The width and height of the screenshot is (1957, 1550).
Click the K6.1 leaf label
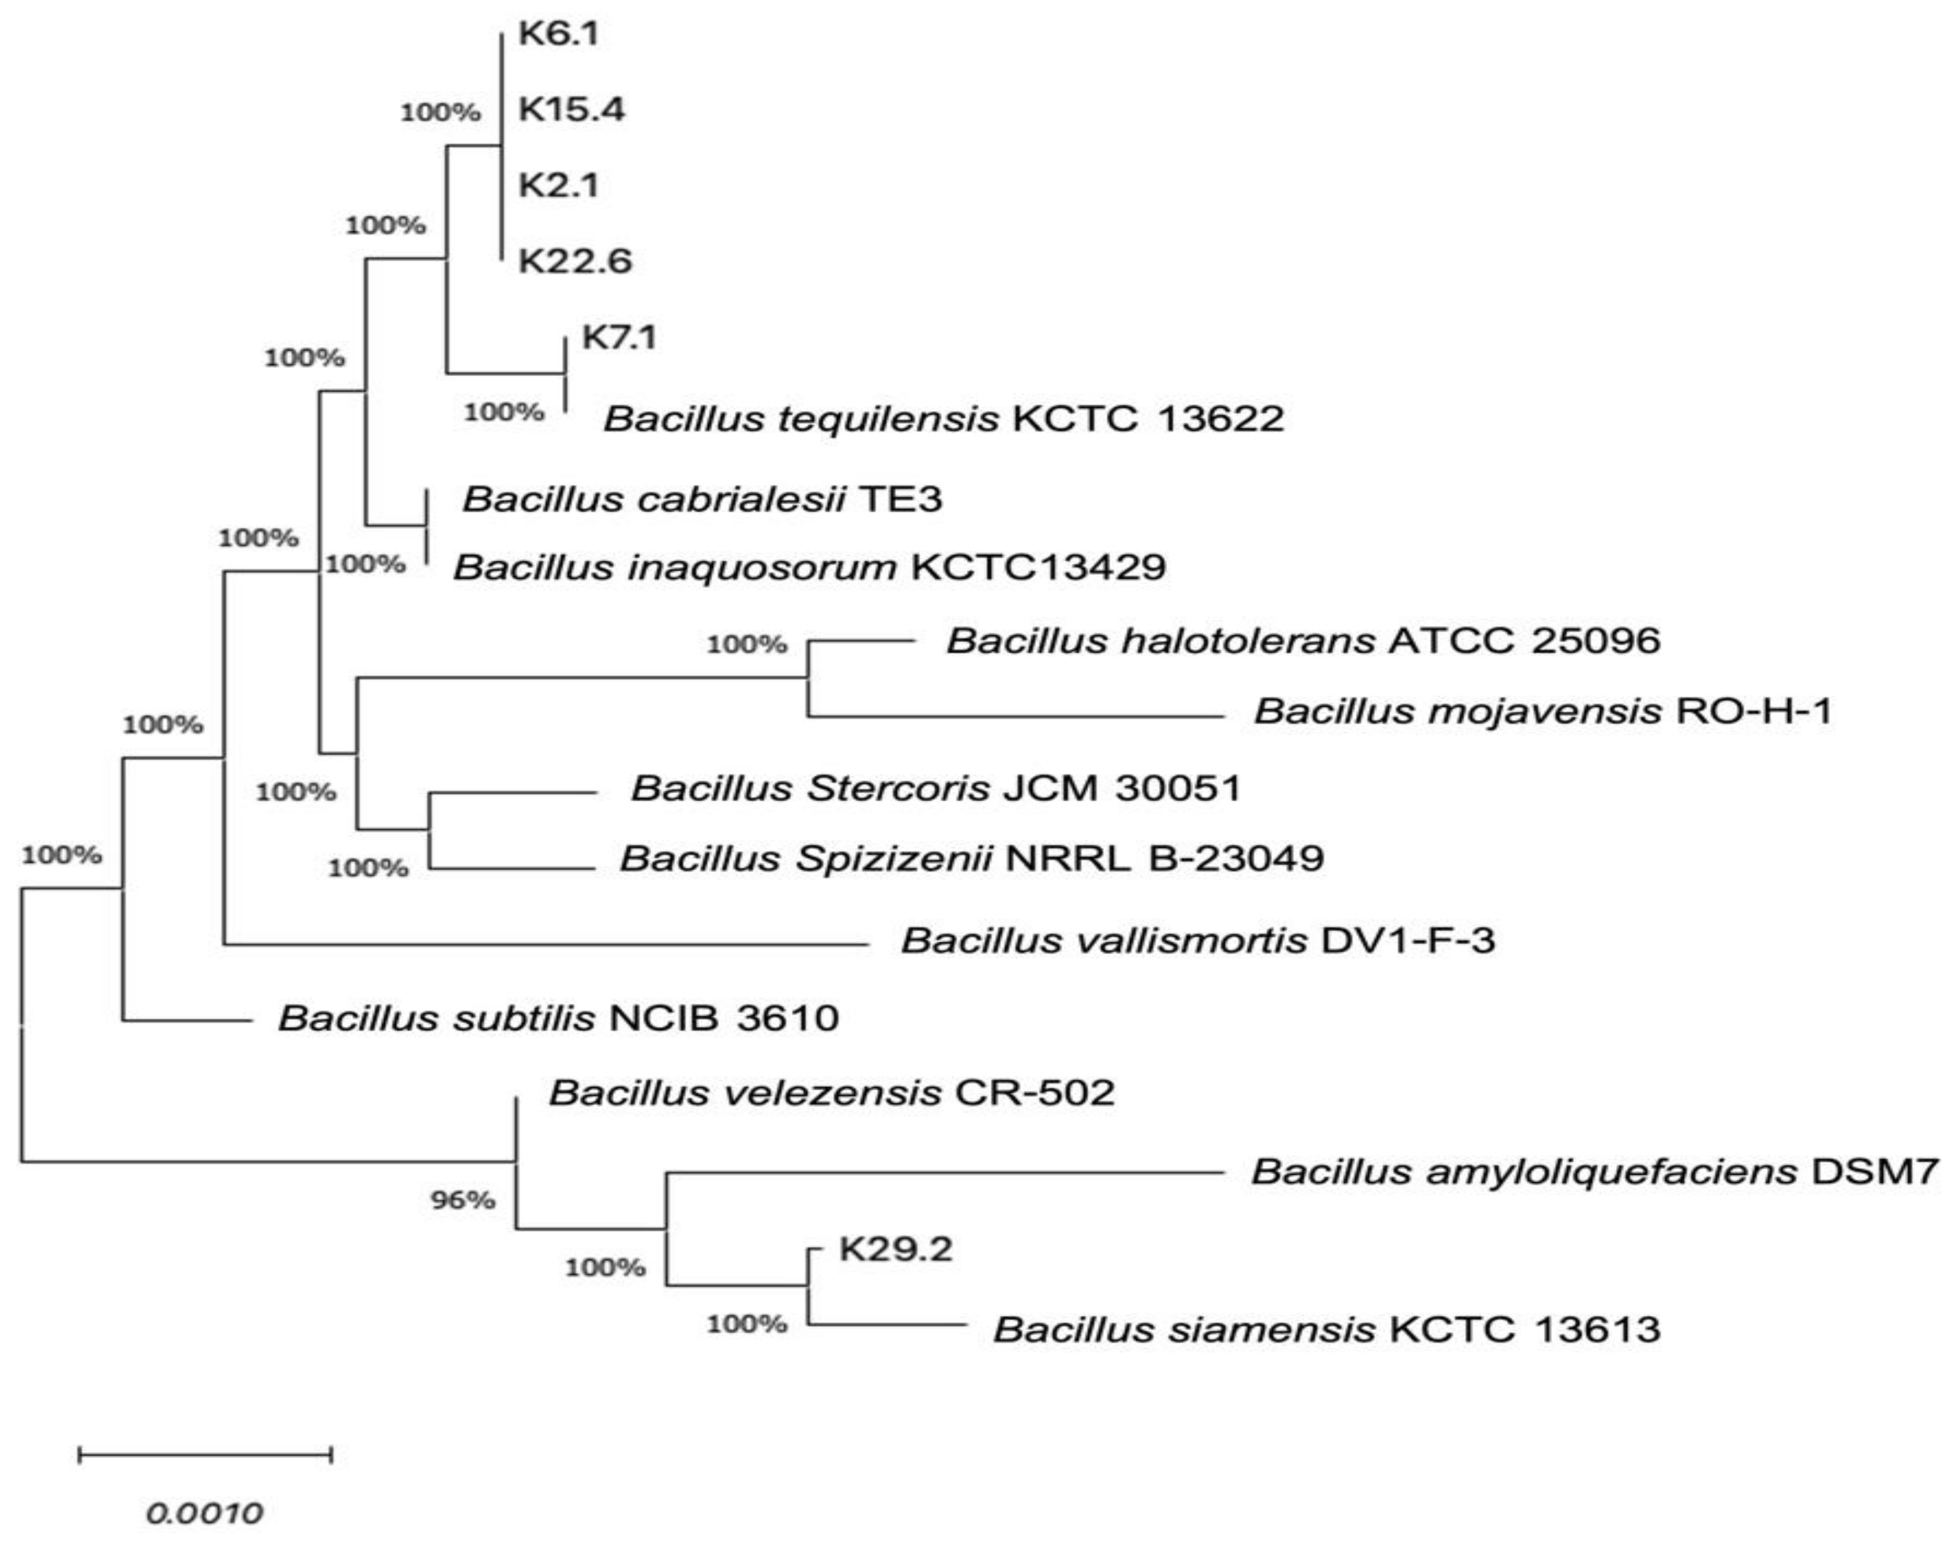point(558,35)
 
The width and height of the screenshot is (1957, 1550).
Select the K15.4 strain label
point(571,110)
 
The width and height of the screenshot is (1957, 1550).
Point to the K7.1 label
point(619,338)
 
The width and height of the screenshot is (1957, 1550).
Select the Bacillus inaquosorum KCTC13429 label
point(810,567)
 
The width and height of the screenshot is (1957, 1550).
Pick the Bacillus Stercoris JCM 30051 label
point(936,788)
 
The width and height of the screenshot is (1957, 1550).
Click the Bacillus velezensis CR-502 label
point(831,1093)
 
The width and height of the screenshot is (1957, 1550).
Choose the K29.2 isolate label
point(895,1249)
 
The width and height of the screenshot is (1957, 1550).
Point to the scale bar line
point(205,1455)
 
